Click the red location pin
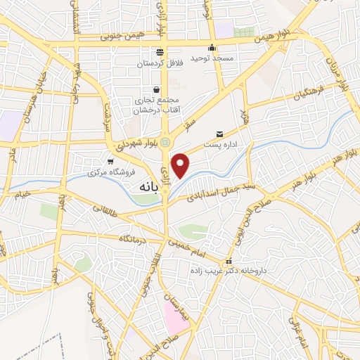tap(181, 165)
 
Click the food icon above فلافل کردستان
tap(160, 52)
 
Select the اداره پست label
tap(224, 145)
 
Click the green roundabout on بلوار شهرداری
tap(165, 143)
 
